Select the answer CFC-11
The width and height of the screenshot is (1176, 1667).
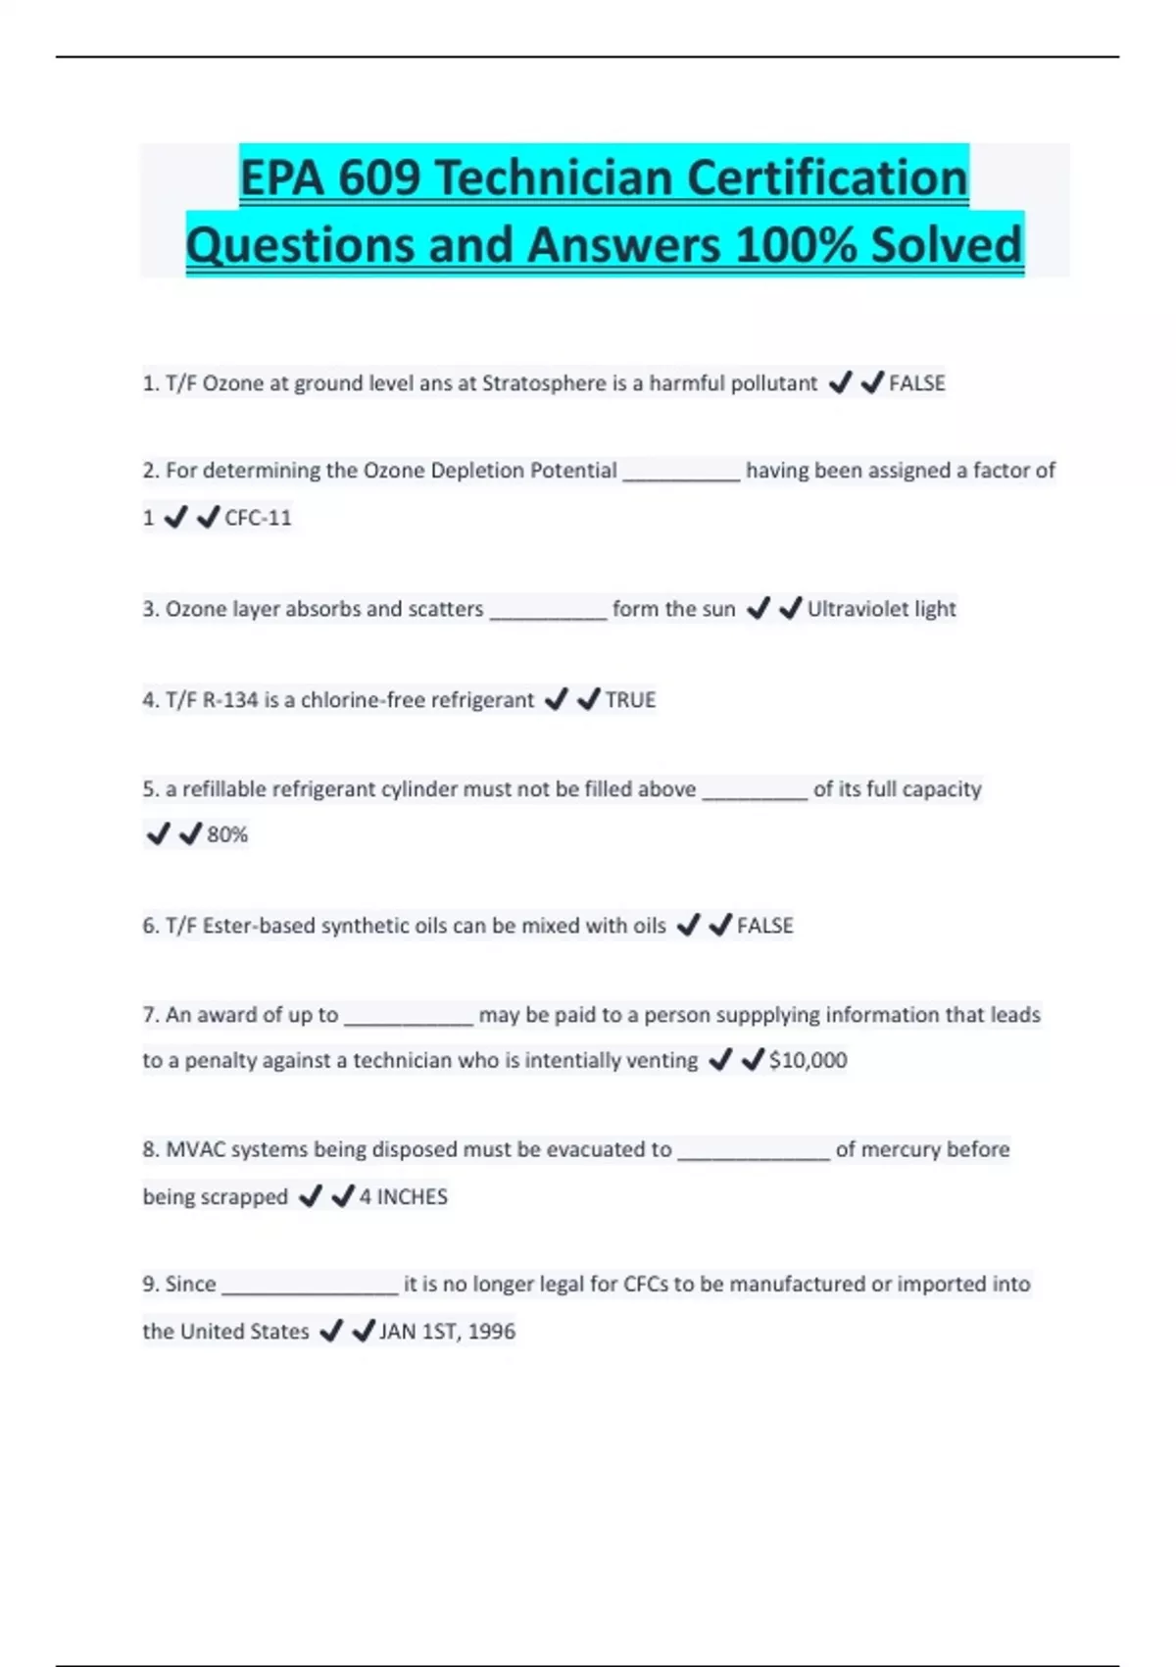258,518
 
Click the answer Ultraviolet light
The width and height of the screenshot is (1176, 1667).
881,609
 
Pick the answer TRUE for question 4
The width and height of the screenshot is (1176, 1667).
630,700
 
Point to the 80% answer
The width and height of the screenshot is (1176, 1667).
227,834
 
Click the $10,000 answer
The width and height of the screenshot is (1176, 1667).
808,1060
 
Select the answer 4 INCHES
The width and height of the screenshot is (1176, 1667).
403,1196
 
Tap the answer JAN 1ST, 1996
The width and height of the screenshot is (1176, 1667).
447,1332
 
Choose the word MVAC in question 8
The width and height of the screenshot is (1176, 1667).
194,1149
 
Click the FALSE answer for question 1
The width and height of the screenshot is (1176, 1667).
916,383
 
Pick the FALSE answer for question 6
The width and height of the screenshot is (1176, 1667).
764,926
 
